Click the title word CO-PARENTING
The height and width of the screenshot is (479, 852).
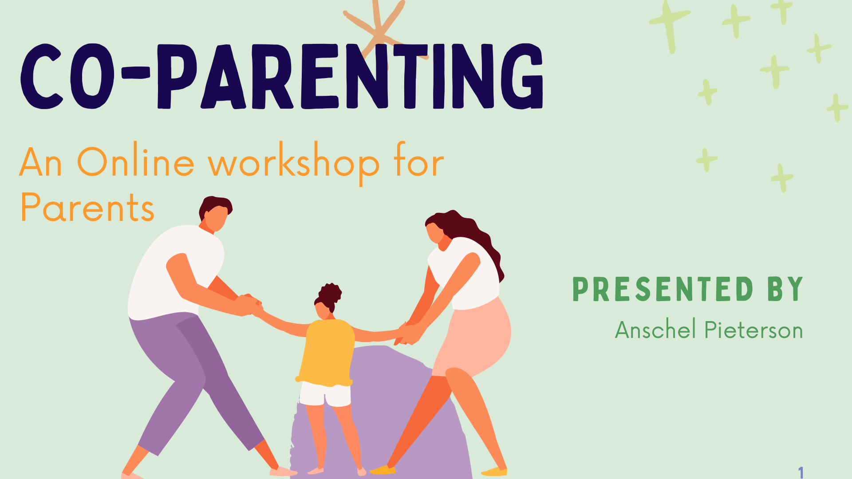tap(282, 76)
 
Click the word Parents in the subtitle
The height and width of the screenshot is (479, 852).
tap(87, 207)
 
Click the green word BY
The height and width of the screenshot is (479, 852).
tap(785, 289)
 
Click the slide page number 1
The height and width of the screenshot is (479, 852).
tap(801, 472)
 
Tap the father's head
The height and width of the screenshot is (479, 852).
tap(215, 213)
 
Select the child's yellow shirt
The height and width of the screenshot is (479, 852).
tap(327, 352)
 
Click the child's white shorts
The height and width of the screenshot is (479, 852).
tap(325, 394)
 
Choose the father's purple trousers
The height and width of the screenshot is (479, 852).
tap(191, 377)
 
